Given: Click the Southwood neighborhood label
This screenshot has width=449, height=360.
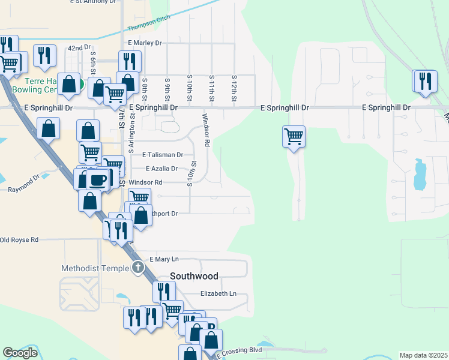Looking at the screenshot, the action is (x=194, y=277).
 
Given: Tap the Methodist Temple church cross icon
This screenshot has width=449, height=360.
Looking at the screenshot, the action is (x=138, y=268).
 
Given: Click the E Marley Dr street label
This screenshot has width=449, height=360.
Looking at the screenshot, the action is (x=145, y=43).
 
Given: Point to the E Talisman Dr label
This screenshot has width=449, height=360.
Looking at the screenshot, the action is (x=162, y=154).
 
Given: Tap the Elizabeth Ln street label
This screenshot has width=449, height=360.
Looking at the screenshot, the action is (x=218, y=293).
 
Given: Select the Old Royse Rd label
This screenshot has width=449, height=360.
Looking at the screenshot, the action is (x=19, y=240).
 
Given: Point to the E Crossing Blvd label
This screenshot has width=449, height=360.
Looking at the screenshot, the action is (x=240, y=350).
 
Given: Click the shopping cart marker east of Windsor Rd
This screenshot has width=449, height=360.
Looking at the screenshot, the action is (x=294, y=136).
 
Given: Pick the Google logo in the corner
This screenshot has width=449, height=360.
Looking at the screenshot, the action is (x=20, y=352).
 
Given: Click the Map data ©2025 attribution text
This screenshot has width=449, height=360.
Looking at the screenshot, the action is (x=423, y=355).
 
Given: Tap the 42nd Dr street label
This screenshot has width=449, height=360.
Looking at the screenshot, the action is (x=79, y=47).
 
